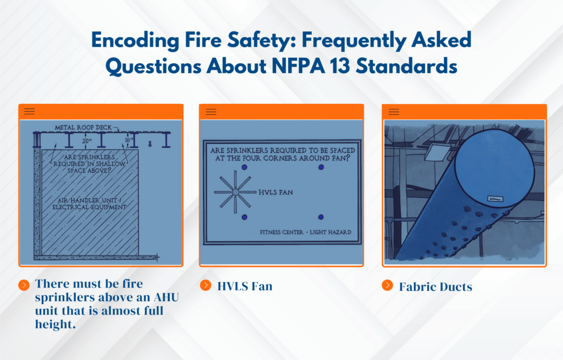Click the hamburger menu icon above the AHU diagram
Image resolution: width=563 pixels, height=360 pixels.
coord(29,112)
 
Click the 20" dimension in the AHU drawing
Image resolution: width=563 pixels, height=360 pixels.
coord(86,141)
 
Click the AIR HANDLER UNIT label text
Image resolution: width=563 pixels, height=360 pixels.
coord(89,203)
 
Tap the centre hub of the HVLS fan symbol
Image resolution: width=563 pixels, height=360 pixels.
coord(235,192)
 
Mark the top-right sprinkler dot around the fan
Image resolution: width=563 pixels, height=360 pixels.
coord(321,167)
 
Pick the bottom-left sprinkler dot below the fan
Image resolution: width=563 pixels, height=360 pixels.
coord(244,218)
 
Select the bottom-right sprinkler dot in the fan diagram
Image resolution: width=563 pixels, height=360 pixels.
coord(321,218)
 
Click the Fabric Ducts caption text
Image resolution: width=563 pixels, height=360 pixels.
coord(435,286)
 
